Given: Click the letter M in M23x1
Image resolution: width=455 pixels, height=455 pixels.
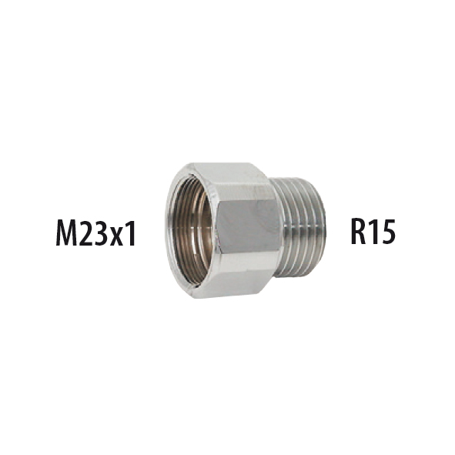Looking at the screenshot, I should point(69,232).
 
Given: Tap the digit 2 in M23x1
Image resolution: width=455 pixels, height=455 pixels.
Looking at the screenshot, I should point(89,232).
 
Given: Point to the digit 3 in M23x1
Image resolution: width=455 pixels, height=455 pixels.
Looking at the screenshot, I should point(105,232).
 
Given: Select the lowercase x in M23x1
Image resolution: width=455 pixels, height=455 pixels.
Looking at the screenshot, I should point(119,235).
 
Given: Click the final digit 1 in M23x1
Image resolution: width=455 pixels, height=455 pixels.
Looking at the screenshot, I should point(132,232).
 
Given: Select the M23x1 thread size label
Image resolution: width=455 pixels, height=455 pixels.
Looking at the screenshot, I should point(95,232).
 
